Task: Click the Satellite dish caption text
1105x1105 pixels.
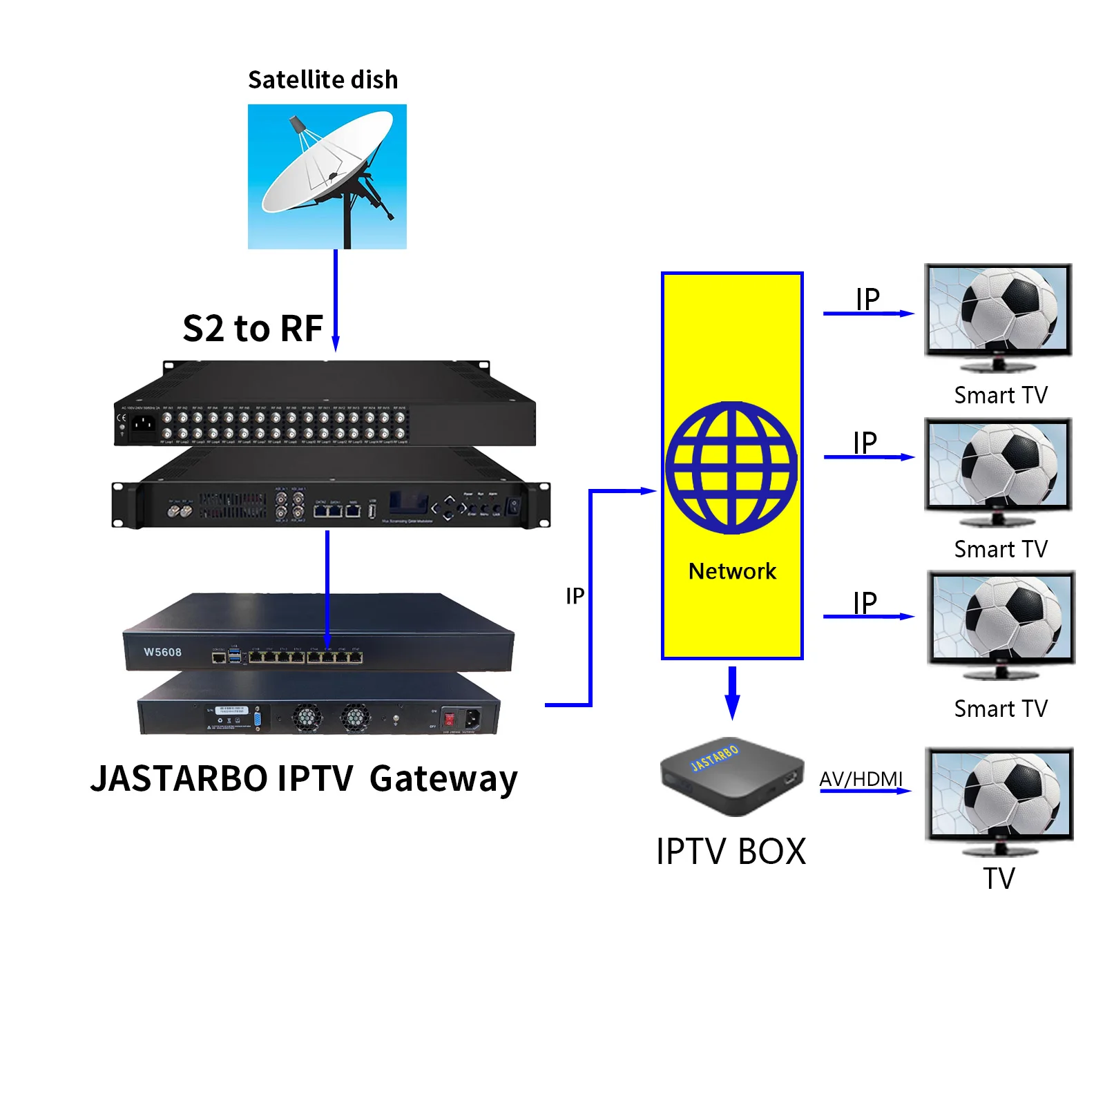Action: click(x=323, y=80)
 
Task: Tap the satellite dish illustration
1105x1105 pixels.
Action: click(x=327, y=176)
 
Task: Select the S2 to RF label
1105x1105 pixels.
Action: click(x=253, y=329)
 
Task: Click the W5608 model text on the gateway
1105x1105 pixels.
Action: click(x=162, y=652)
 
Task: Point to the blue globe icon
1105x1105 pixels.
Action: click(x=731, y=468)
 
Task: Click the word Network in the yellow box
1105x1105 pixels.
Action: click(x=732, y=571)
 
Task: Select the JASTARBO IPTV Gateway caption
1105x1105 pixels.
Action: click(x=304, y=779)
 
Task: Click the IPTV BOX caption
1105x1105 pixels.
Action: click(x=731, y=852)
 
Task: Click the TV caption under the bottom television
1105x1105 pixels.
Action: click(x=999, y=878)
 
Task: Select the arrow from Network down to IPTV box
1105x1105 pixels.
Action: click(x=732, y=693)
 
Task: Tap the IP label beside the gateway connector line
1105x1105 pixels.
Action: click(x=575, y=596)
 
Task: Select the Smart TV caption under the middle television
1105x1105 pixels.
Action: click(x=1000, y=549)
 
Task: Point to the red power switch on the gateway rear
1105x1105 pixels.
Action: click(x=449, y=718)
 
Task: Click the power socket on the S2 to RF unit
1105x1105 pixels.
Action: click(x=143, y=422)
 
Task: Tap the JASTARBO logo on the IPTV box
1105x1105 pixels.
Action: click(x=715, y=758)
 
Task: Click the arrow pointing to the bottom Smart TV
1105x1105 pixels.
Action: click(x=868, y=616)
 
